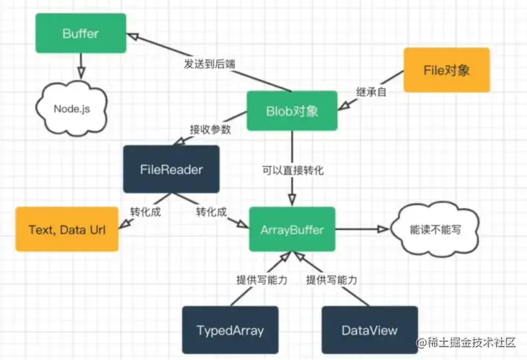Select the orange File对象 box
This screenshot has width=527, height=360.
447,70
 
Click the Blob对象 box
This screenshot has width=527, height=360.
292,111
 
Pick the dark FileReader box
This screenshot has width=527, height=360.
171,170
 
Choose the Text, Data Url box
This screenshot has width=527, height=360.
67,229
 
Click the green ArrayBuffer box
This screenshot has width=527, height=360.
292,229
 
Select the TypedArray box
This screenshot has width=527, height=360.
230,330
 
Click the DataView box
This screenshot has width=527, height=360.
369,330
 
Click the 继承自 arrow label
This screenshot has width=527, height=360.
372,92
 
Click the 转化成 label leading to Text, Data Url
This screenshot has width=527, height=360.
146,211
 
